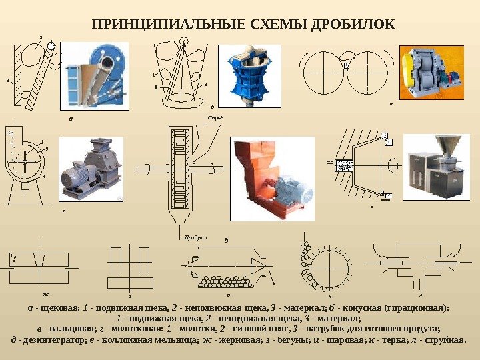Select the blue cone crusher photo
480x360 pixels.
[247, 75]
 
